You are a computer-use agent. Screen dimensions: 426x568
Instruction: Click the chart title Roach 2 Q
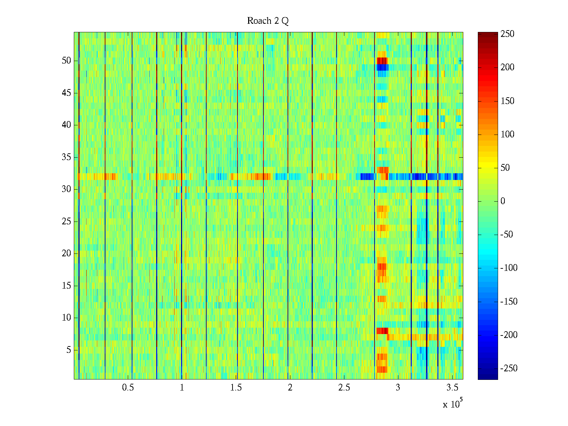pos(268,21)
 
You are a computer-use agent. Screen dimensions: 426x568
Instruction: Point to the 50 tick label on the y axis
pos(66,61)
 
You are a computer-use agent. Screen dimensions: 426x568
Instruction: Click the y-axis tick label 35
pos(66,157)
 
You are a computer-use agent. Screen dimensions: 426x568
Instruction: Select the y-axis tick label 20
pos(66,253)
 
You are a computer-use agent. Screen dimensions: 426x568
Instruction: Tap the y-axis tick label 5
pos(69,350)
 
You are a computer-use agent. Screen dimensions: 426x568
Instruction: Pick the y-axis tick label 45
pos(66,93)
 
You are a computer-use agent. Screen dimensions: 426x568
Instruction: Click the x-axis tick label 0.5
pos(128,388)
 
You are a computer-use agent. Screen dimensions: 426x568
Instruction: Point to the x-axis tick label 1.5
pos(236,388)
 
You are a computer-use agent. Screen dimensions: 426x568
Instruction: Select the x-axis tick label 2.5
pos(344,388)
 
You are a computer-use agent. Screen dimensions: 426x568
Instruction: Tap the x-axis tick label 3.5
pos(452,388)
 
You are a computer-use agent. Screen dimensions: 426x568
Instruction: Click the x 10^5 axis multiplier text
pos(452,404)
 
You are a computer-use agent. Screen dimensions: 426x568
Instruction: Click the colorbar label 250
pos(507,34)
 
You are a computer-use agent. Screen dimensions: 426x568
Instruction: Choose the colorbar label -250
pos(509,368)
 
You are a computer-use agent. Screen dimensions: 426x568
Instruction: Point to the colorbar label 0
pos(503,201)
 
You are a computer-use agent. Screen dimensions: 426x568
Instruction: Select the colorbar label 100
pos(507,135)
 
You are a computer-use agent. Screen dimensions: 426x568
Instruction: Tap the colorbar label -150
pos(509,302)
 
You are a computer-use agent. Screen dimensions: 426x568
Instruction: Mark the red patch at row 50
pos(382,61)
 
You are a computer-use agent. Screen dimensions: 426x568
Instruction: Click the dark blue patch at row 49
pos(382,67)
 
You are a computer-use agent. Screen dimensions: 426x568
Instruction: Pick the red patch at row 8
pos(382,331)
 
